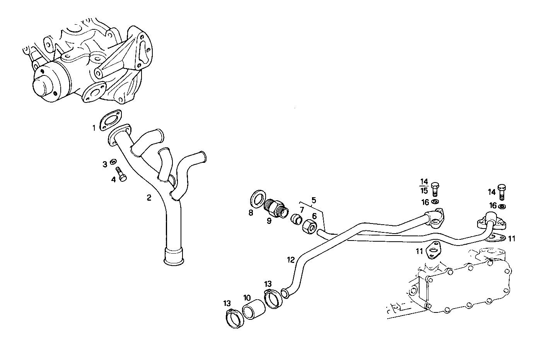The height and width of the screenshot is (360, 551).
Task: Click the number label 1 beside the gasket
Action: pos(94,128)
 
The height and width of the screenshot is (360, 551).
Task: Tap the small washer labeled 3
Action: pos(114,161)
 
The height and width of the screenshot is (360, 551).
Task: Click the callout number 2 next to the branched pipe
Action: pos(149,198)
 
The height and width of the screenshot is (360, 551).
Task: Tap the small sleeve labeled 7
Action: pos(296,219)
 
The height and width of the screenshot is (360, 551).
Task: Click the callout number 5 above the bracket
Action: pos(314,200)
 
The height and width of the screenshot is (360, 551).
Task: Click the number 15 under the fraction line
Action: pos(424,191)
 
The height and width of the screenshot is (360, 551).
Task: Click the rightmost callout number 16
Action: pos(493,205)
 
